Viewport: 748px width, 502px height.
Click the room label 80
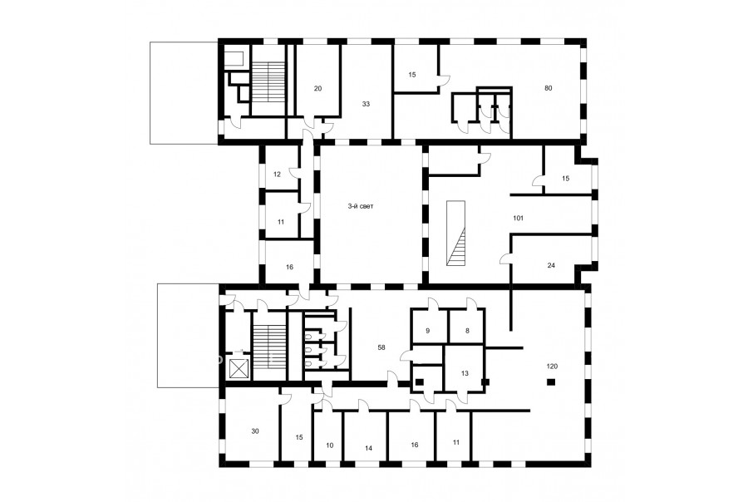coord(549,88)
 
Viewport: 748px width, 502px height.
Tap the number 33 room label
coord(366,104)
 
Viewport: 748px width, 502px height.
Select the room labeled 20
coord(318,88)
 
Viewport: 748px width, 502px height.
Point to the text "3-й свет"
coord(361,207)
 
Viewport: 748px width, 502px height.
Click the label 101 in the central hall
coord(518,218)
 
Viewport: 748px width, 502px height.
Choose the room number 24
coord(551,265)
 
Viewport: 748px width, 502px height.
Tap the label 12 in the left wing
coord(277,175)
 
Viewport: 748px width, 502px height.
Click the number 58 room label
coord(381,347)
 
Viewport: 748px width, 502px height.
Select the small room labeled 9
coord(428,330)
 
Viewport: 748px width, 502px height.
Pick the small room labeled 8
coord(467,330)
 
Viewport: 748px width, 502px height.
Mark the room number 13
coord(465,374)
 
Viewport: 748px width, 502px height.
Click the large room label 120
coord(552,367)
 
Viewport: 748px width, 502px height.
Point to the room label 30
coord(255,431)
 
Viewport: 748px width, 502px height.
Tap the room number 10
coord(330,445)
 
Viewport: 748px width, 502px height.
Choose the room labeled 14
coord(368,448)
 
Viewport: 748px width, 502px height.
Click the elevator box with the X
coord(239,368)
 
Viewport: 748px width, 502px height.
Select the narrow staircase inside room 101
coord(455,233)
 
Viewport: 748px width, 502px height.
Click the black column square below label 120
coord(551,381)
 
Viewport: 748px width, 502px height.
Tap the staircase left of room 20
coord(268,82)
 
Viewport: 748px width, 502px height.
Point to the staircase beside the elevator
coord(269,347)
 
